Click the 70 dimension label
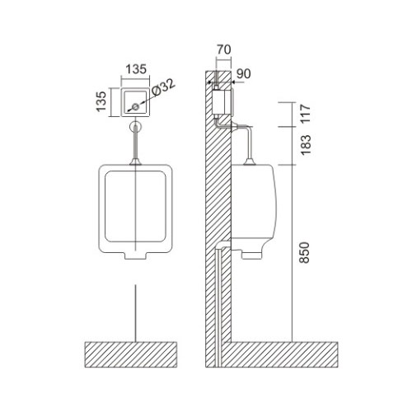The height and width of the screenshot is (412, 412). [x=224, y=49]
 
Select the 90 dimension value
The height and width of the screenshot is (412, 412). [x=244, y=73]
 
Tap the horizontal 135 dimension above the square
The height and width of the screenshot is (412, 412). [x=136, y=69]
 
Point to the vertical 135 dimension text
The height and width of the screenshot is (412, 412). [x=101, y=101]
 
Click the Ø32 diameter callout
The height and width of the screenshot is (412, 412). [x=163, y=87]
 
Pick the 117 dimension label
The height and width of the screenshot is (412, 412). [x=305, y=113]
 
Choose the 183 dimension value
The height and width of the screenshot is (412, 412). [x=305, y=145]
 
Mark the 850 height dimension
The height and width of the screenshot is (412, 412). [x=305, y=253]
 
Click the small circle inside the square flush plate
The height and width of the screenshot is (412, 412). [x=135, y=107]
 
